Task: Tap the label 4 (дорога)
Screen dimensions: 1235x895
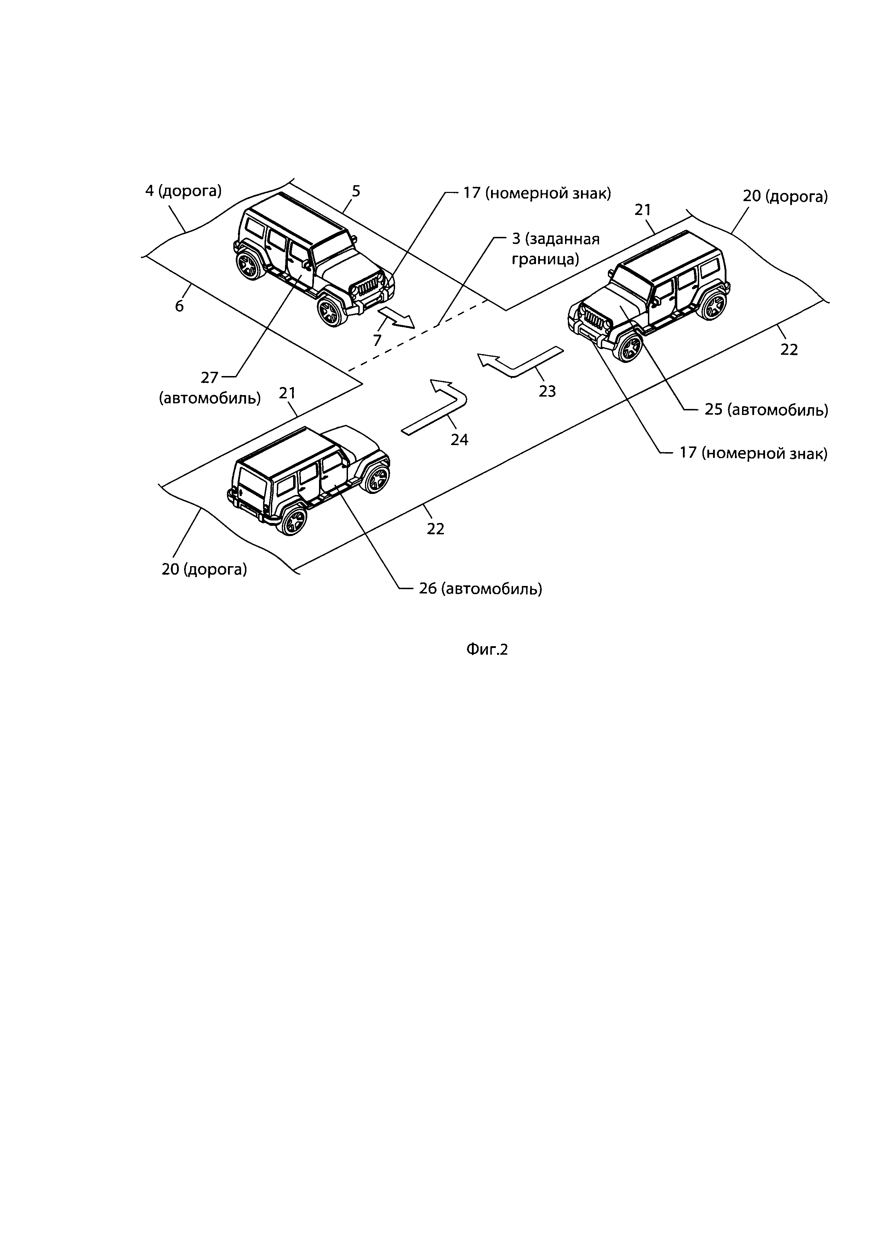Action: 183,191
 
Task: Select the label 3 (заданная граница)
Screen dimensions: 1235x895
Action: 555,249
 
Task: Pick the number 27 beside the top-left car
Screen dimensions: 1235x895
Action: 210,377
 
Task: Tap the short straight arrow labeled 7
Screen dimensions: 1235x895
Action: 396,318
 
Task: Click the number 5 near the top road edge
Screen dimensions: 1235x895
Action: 356,191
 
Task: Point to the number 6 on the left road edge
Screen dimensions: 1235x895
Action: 179,306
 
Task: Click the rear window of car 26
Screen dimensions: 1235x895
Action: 250,486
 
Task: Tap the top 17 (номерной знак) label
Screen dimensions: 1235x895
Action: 536,193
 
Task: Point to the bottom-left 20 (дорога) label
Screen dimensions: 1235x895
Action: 204,570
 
